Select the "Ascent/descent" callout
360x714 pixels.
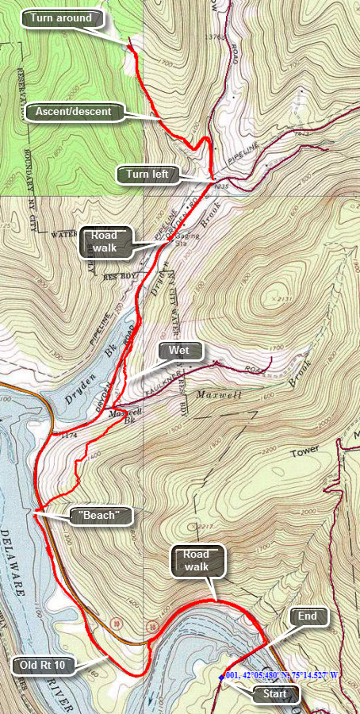click(x=74, y=112)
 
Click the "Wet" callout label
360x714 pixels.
click(x=180, y=350)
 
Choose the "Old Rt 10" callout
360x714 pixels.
click(x=44, y=664)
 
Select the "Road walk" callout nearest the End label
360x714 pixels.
click(x=196, y=560)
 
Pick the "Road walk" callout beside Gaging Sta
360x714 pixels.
click(x=104, y=241)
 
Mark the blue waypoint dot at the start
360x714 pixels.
click(x=221, y=677)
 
